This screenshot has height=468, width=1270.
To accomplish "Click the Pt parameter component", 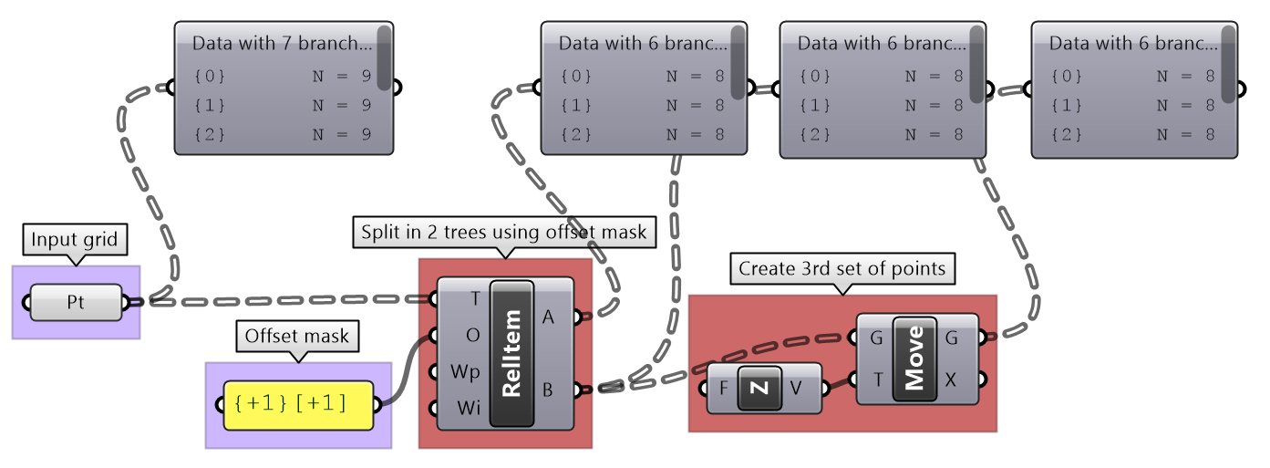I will click(76, 302).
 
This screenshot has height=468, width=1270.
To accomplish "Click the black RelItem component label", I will click(511, 353).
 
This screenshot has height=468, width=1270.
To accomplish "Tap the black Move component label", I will click(914, 359).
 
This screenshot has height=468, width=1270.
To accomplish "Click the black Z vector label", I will click(762, 388).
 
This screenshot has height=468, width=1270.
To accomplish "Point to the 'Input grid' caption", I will click(76, 241).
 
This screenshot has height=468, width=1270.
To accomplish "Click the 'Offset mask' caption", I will click(296, 336).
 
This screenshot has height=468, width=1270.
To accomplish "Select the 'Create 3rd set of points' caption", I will click(842, 269).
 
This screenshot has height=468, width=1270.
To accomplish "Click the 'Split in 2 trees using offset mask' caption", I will click(504, 232).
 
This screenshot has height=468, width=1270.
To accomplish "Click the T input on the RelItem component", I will click(473, 297).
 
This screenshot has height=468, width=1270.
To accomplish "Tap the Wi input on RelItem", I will click(468, 409).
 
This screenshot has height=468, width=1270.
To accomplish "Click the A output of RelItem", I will click(548, 317).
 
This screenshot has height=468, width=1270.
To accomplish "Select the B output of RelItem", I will click(548, 390).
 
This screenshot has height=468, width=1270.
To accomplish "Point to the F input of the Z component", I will click(724, 388).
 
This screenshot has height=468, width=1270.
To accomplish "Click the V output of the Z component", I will click(796, 388).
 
